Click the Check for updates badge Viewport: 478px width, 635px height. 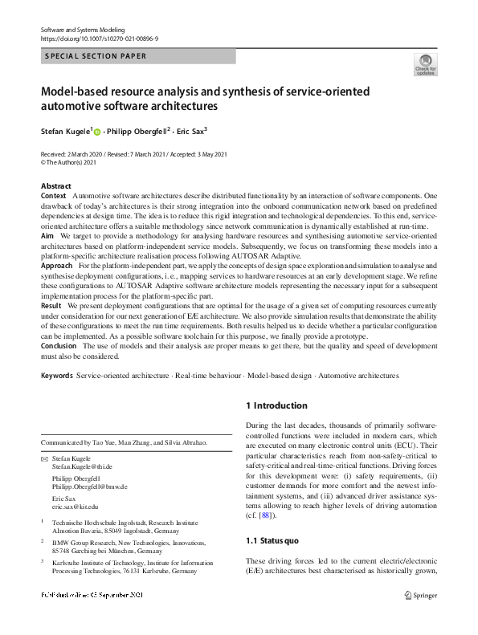[425, 66]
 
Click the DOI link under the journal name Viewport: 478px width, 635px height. [99, 39]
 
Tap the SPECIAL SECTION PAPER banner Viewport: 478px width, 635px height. [96, 56]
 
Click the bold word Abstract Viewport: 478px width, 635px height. [55, 185]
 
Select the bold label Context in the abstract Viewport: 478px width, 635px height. [53, 195]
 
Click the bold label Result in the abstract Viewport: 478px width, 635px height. [51, 307]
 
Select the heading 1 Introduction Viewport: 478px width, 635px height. [276, 406]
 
